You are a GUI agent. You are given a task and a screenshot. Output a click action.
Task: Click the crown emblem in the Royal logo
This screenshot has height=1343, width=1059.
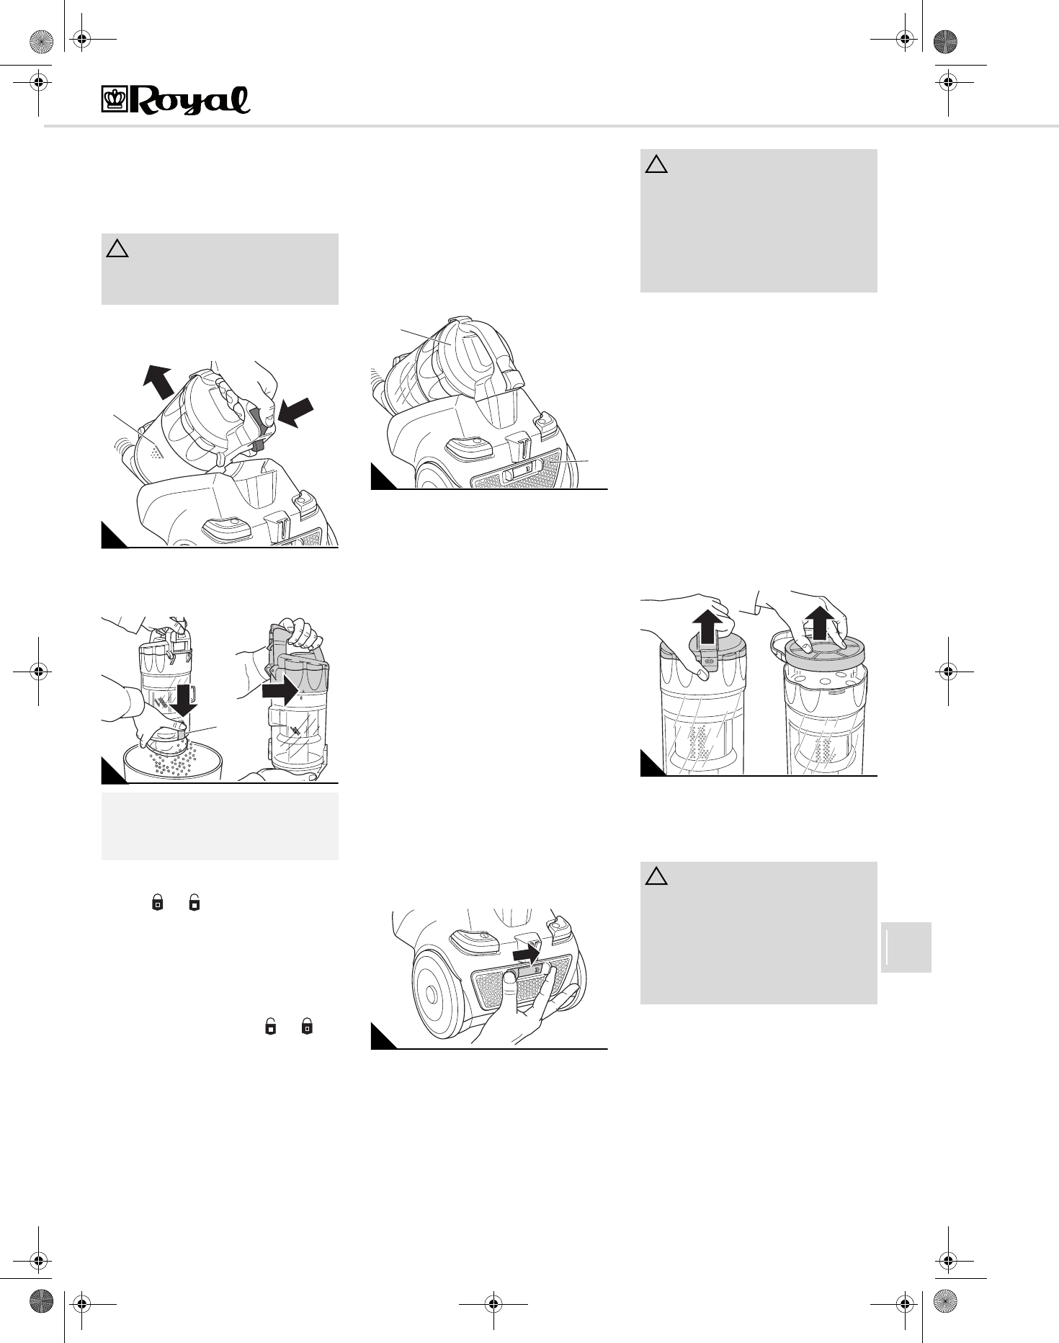tap(114, 100)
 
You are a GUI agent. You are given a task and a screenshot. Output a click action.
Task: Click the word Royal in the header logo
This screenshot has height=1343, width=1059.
tap(189, 101)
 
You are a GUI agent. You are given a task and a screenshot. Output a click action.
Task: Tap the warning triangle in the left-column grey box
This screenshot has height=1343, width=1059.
tap(117, 249)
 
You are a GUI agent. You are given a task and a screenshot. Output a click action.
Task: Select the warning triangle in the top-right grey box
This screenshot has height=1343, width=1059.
tap(656, 165)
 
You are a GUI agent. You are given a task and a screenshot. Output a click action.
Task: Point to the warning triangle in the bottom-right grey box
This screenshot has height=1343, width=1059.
tap(656, 877)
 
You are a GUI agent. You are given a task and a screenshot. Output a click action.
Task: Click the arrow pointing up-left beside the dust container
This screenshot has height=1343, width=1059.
tap(158, 380)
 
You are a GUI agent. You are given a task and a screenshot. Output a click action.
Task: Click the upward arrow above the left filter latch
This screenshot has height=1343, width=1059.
tap(707, 625)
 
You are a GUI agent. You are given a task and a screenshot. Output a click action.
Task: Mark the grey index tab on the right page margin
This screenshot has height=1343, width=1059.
tap(906, 947)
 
